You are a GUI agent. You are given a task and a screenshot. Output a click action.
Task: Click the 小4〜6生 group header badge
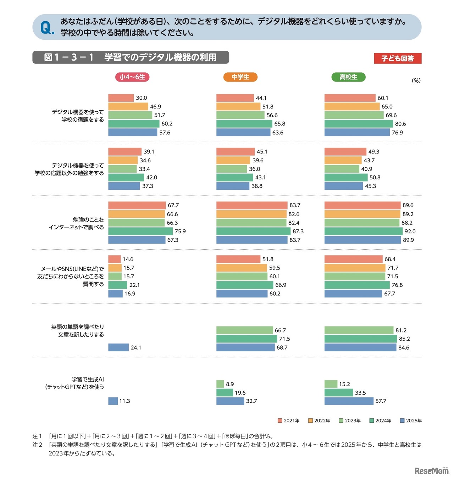click(x=132, y=77)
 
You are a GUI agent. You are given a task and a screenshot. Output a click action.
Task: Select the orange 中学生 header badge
click(x=240, y=77)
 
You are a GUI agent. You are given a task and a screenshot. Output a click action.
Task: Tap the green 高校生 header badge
click(x=348, y=77)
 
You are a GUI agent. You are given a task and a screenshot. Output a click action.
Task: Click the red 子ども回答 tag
click(x=397, y=59)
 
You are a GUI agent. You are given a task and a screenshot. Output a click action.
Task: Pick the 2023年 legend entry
click(x=350, y=420)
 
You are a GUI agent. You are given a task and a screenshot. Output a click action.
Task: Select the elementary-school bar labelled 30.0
click(x=121, y=98)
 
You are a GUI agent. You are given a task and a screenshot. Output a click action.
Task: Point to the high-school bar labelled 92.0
click(x=363, y=231)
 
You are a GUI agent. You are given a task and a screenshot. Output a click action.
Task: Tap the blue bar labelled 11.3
click(x=113, y=401)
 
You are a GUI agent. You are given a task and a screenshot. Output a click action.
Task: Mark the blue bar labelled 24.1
click(x=118, y=347)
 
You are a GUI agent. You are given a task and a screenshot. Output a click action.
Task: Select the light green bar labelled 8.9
click(x=220, y=384)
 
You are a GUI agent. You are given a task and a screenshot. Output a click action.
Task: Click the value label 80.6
click(x=400, y=124)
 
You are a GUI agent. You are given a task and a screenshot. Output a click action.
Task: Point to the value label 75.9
click(x=180, y=231)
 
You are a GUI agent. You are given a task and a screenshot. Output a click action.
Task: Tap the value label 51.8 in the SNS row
click(x=268, y=259)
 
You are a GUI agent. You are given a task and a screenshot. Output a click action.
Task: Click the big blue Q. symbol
click(x=47, y=28)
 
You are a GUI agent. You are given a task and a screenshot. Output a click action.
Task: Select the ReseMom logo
click(x=431, y=470)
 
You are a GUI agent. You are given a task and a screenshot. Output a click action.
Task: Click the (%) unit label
click(x=416, y=80)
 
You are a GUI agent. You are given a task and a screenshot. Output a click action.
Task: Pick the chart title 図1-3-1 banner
click(x=131, y=57)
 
